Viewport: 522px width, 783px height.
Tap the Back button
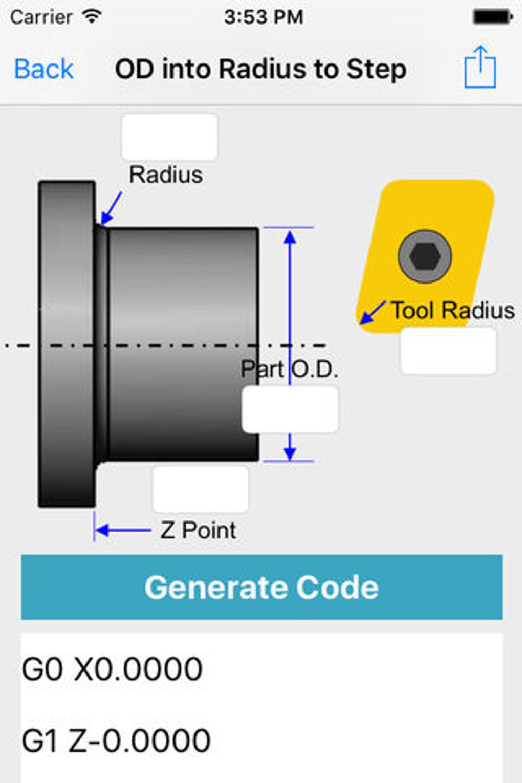pyautogui.click(x=44, y=69)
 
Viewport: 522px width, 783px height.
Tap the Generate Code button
pyautogui.click(x=262, y=587)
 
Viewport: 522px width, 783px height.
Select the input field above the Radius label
pyautogui.click(x=169, y=137)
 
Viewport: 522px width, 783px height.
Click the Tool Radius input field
pyautogui.click(x=448, y=351)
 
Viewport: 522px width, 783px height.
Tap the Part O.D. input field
pyautogui.click(x=290, y=409)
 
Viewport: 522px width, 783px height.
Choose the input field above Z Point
pyautogui.click(x=201, y=489)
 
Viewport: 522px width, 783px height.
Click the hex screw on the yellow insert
pyautogui.click(x=425, y=256)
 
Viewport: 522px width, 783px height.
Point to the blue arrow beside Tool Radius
pyautogui.click(x=372, y=313)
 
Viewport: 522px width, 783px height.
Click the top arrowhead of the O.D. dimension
pyautogui.click(x=290, y=237)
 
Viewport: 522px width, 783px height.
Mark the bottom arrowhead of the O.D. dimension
pyautogui.click(x=290, y=452)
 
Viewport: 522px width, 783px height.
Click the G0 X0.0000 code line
pyautogui.click(x=112, y=668)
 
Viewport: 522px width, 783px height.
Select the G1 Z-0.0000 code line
pyautogui.click(x=116, y=740)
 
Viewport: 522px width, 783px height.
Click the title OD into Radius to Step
pyautogui.click(x=260, y=69)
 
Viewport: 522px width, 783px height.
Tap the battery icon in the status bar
pyautogui.click(x=492, y=17)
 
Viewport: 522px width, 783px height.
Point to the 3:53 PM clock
pyautogui.click(x=264, y=17)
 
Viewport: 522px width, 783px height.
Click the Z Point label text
pyautogui.click(x=198, y=530)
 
